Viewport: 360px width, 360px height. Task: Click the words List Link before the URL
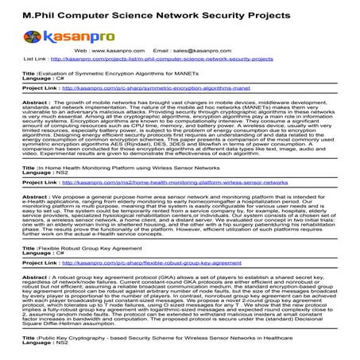click(34, 58)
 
